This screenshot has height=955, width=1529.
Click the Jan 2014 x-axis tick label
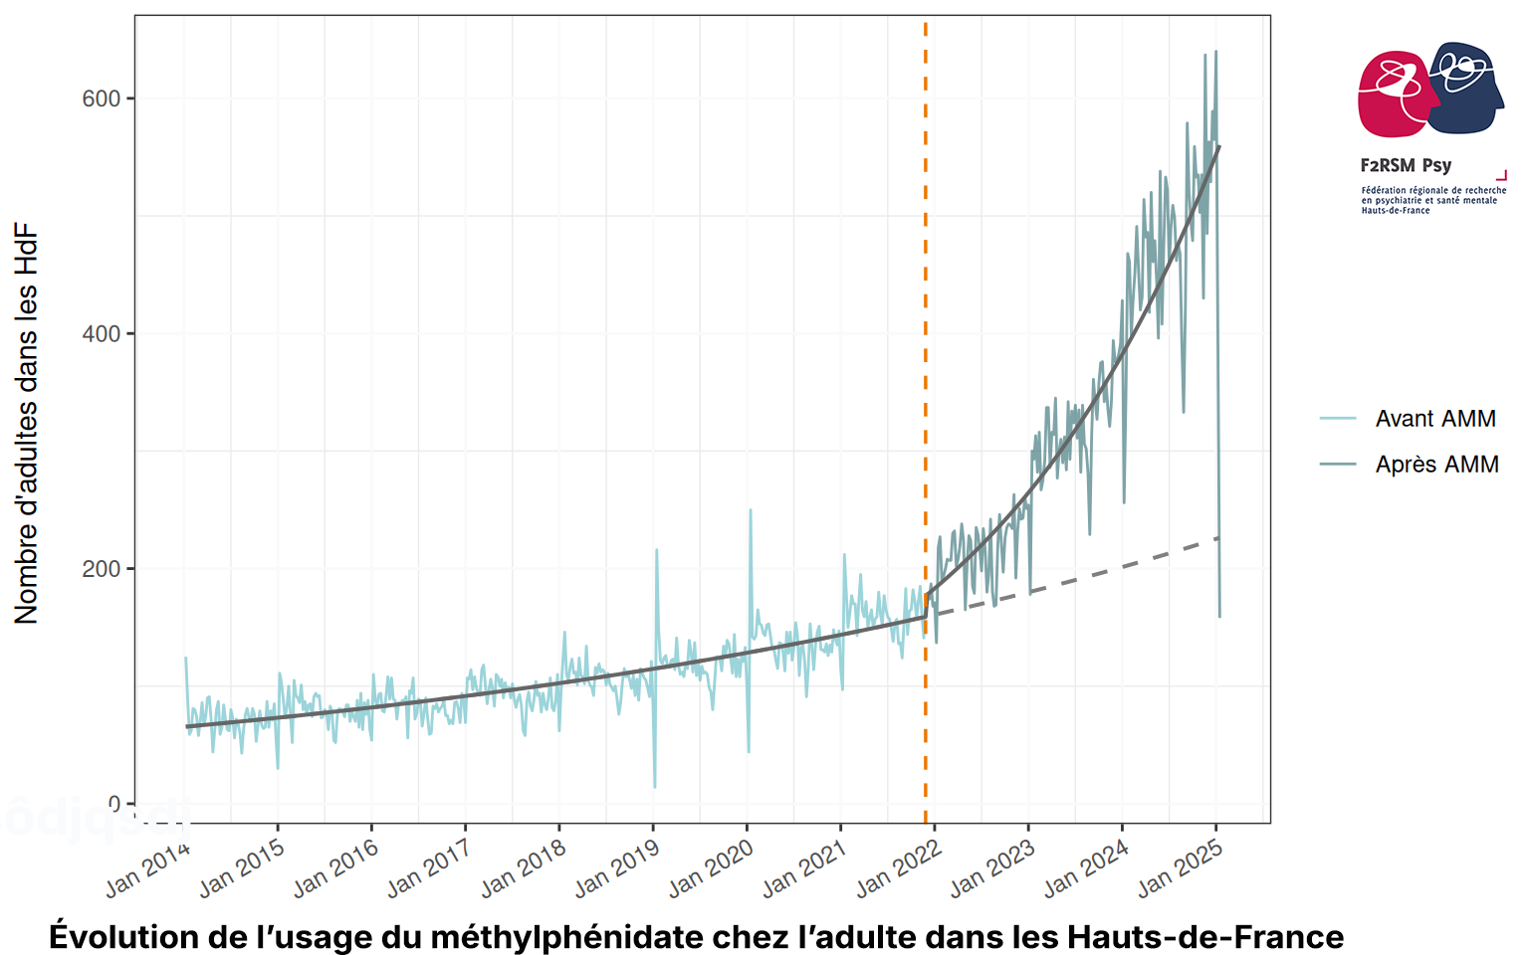[147, 868]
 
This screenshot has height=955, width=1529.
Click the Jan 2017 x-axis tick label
[429, 868]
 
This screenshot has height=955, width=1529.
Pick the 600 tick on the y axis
[102, 98]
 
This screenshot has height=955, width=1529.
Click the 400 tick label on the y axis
[102, 334]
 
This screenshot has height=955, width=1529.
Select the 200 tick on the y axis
[102, 569]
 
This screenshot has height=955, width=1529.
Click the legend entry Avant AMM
[1434, 419]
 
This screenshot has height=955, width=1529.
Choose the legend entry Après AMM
[1436, 465]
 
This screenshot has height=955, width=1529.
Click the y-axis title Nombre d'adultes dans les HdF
[27, 424]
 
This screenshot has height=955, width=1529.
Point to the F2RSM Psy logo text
[1405, 165]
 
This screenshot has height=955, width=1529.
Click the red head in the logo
[1394, 95]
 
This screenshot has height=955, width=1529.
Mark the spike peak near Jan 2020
[751, 510]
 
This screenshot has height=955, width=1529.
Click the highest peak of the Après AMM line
[1215, 52]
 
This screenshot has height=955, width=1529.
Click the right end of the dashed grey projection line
[1218, 538]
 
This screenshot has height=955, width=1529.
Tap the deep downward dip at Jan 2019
[654, 787]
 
